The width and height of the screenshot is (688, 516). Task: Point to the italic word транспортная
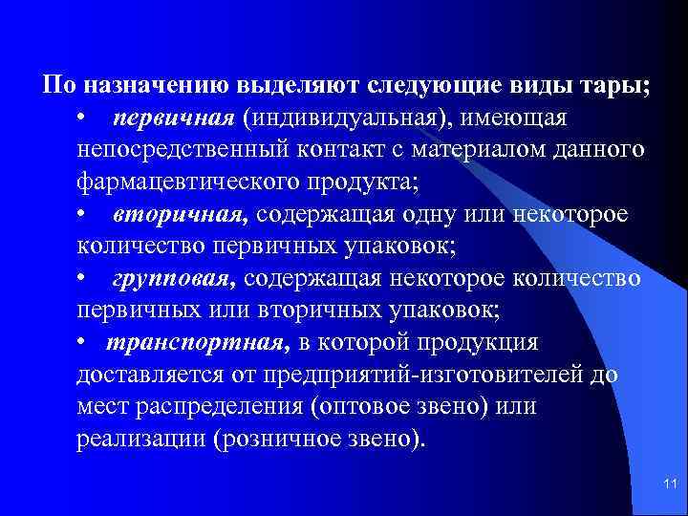(x=197, y=342)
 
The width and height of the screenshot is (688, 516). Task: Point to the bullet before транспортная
(x=85, y=342)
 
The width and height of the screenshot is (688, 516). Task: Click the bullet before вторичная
(x=85, y=214)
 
